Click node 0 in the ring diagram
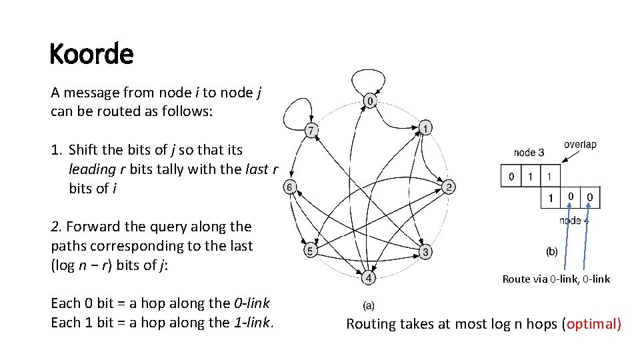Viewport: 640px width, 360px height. (371, 101)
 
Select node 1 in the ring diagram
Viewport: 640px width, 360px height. (426, 127)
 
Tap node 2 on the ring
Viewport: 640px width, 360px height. (450, 187)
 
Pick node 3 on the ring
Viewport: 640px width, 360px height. (425, 251)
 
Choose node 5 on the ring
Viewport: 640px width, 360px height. (310, 251)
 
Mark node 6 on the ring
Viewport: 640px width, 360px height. (290, 187)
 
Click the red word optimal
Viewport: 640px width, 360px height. (592, 325)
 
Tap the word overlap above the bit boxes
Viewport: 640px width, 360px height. (580, 145)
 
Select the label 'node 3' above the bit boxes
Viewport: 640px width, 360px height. (529, 153)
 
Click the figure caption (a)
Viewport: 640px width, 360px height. (369, 306)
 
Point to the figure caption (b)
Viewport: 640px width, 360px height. (552, 251)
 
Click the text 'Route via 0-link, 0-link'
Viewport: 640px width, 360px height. (556, 279)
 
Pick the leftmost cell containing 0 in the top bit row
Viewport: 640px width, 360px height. (511, 177)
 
